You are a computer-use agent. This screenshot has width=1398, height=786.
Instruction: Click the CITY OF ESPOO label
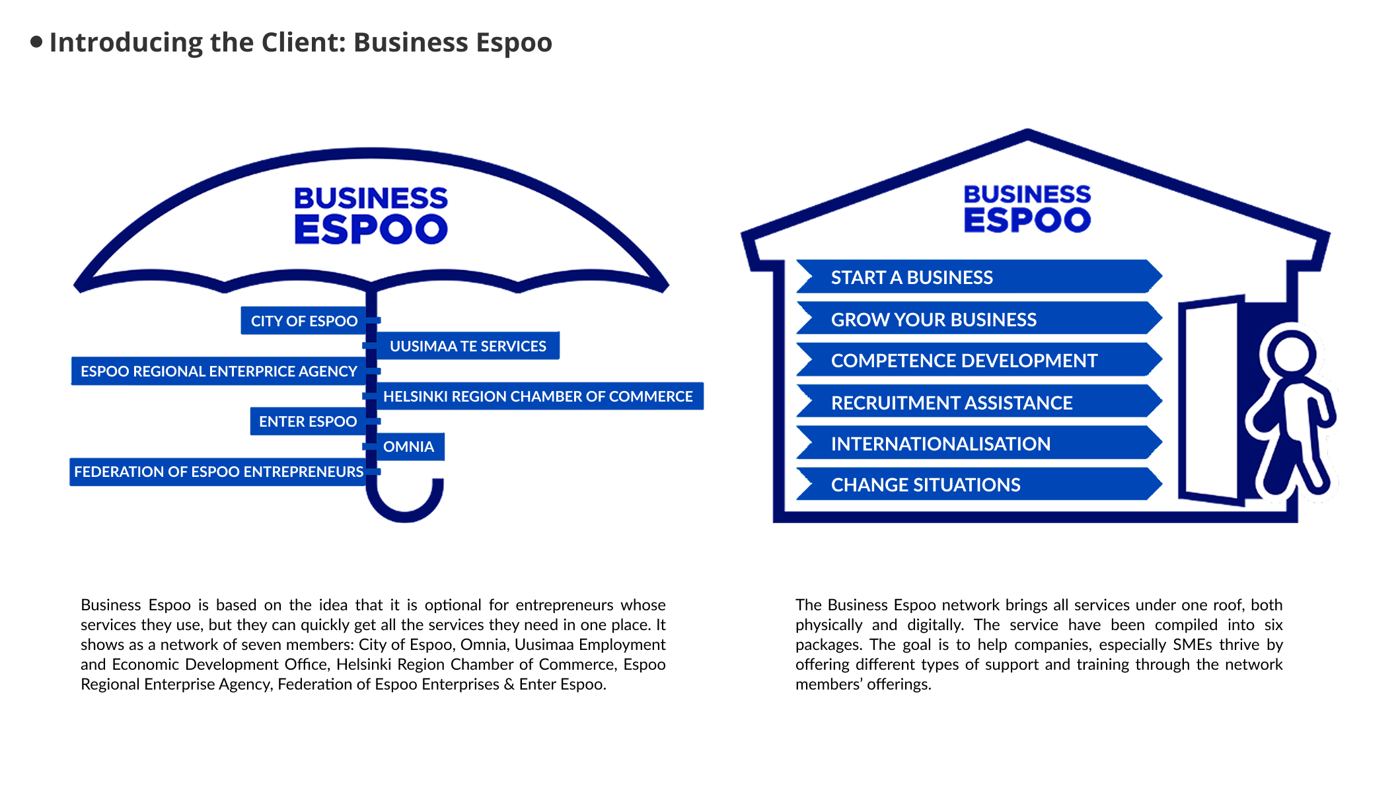[304, 320]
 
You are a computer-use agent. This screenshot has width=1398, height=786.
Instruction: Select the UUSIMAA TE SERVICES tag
[468, 345]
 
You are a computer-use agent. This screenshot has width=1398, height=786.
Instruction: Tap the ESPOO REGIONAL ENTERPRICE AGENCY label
[219, 371]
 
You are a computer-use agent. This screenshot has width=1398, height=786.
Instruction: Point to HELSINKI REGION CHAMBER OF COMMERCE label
[538, 396]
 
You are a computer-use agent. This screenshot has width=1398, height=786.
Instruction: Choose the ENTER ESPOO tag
[308, 421]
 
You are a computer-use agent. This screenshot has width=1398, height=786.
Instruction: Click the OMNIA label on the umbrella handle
[410, 447]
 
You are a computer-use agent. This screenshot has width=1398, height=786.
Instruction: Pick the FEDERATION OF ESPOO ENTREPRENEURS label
[218, 472]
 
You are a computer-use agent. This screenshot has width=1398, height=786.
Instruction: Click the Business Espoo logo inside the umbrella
[371, 215]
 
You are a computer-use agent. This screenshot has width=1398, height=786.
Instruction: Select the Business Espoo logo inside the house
[1027, 209]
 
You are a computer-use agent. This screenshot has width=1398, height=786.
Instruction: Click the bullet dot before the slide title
[37, 42]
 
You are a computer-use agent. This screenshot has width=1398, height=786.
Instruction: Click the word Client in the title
[303, 42]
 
